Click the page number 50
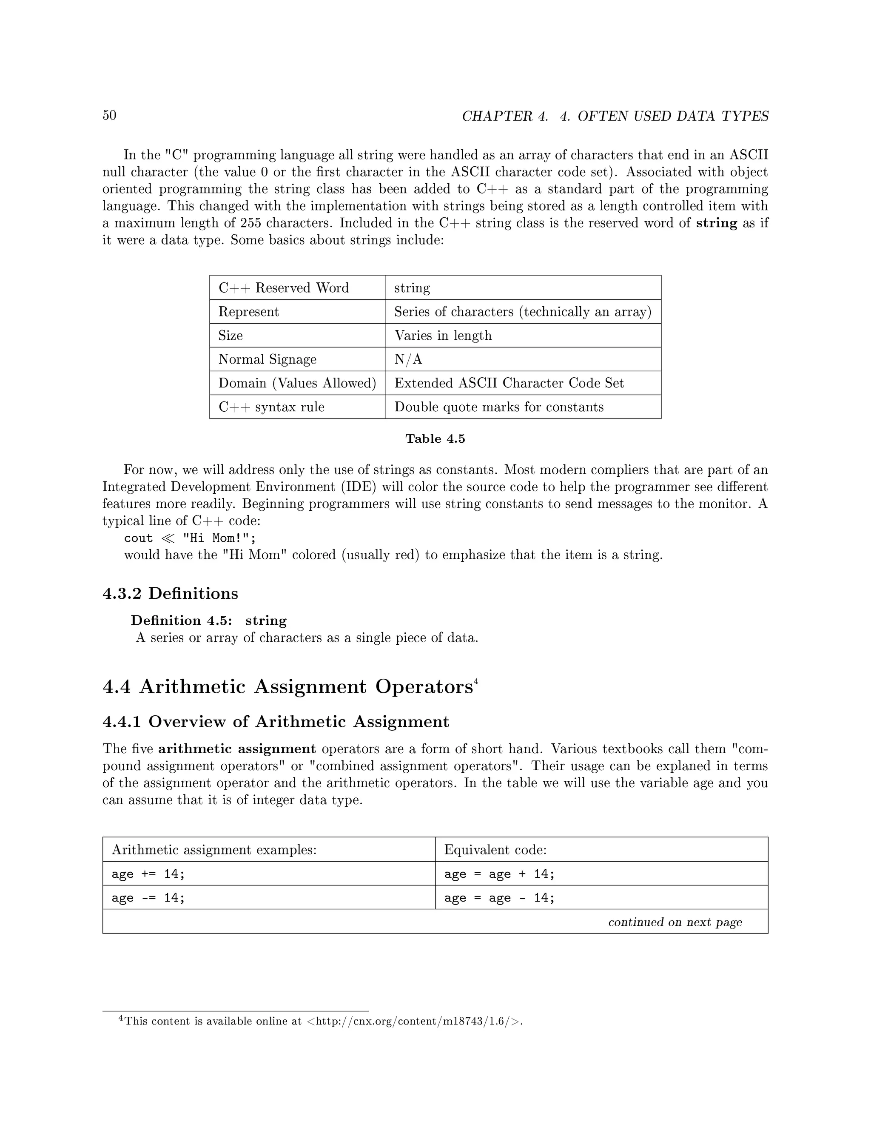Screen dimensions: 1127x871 point(109,115)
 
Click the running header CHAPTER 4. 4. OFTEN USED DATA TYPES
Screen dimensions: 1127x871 point(615,117)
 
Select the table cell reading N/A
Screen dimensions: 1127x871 point(408,359)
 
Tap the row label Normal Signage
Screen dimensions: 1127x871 point(267,359)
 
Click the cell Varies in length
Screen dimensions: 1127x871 point(443,336)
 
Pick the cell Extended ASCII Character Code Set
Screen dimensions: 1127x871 point(509,383)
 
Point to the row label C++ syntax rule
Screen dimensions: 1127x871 point(271,407)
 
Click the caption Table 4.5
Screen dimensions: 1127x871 point(435,438)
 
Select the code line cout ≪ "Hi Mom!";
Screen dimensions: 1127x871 point(190,538)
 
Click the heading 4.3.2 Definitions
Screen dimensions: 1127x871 point(170,593)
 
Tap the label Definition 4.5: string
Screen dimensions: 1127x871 point(208,620)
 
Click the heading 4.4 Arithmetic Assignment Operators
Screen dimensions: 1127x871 point(287,687)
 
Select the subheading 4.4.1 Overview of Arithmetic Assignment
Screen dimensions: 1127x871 point(276,721)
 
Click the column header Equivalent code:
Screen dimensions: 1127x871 point(495,849)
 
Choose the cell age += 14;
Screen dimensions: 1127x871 point(148,874)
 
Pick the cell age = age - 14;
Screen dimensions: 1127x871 point(499,897)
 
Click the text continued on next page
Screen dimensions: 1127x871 point(675,922)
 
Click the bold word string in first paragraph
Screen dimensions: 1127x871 point(716,223)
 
